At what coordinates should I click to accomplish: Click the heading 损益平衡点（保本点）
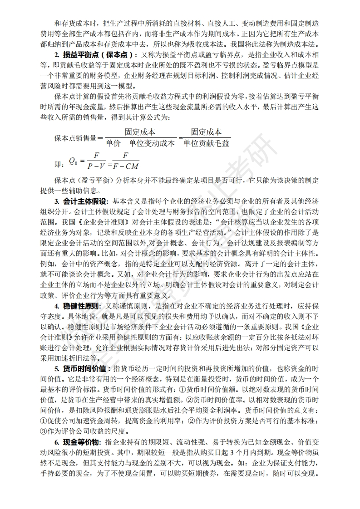coord(89,55)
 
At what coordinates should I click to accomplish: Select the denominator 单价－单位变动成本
coord(140,143)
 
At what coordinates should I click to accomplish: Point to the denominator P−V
coord(97,166)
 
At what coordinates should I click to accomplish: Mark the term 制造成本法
coord(298,44)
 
